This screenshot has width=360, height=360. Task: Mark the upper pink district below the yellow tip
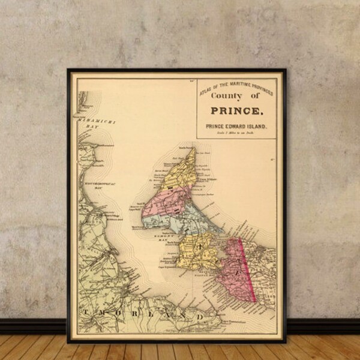(171, 201)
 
